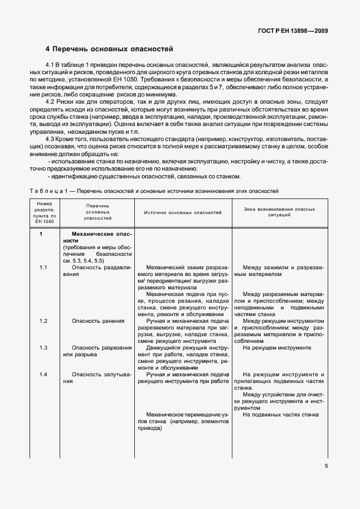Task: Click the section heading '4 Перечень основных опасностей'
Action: pyautogui.click(x=109, y=49)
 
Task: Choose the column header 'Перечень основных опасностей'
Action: pyautogui.click(x=98, y=212)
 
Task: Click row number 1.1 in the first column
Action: pyautogui.click(x=43, y=268)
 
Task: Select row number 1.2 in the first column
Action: pyautogui.click(x=43, y=321)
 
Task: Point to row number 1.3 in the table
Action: pyautogui.click(x=43, y=347)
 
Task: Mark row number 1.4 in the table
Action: pyautogui.click(x=43, y=374)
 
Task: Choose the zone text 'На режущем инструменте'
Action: pyautogui.click(x=276, y=347)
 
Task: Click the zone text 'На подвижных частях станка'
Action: pyautogui.click(x=280, y=415)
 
